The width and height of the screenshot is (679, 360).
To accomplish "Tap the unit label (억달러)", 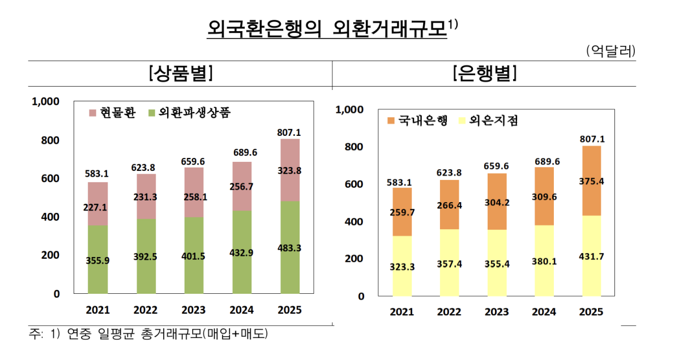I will pos(610,50).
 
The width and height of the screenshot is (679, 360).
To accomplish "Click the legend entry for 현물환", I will pos(112,112).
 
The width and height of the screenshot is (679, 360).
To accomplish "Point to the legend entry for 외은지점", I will pos(490,120).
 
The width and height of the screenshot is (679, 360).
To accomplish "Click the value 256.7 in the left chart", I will pos(242,186).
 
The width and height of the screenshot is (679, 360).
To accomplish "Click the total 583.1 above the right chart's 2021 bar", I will pos(402,182).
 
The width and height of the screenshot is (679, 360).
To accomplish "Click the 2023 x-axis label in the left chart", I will pos(194,310).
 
